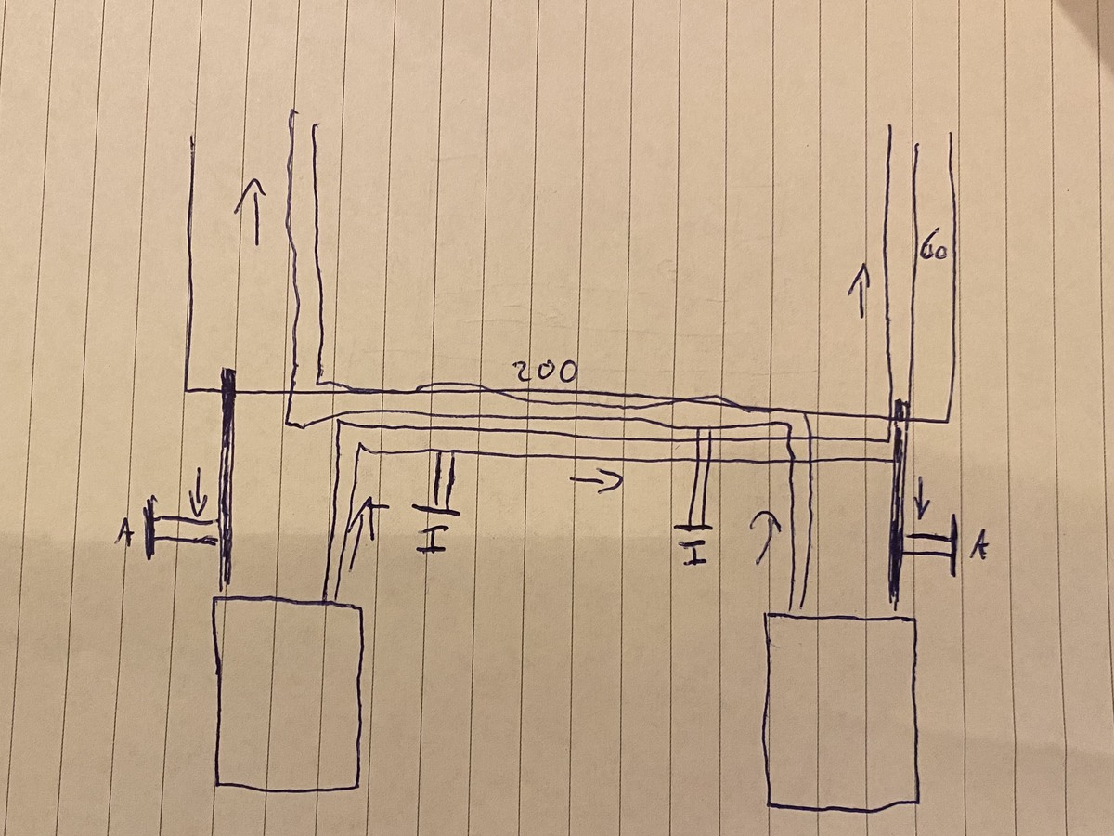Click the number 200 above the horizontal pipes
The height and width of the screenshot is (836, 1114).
[x=545, y=372]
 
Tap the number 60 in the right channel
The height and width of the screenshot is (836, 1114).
[x=931, y=250]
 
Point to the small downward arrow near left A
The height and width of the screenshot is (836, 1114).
[x=199, y=490]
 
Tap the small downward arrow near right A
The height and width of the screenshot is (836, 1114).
[x=922, y=495]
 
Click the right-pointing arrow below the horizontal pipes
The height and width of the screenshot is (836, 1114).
[x=596, y=481]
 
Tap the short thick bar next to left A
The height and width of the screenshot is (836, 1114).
[x=149, y=529]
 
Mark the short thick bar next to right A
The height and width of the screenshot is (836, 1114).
[x=954, y=544]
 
